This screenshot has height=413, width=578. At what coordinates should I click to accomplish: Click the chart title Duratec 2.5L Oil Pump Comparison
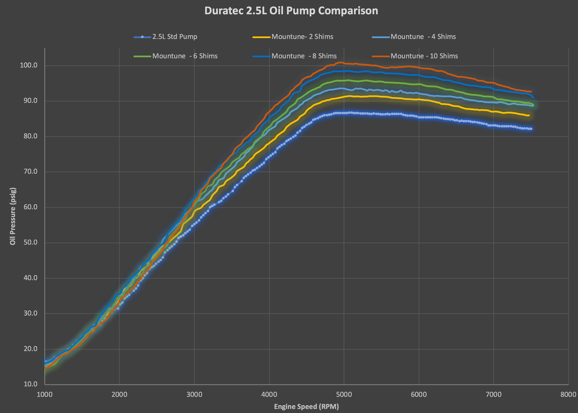(291, 11)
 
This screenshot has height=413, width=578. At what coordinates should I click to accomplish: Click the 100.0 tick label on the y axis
(29, 65)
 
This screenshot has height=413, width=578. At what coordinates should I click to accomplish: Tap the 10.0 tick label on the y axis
(30, 384)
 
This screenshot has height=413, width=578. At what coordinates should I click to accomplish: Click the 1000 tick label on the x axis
(45, 395)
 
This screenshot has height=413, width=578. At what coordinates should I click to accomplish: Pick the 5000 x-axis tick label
(344, 395)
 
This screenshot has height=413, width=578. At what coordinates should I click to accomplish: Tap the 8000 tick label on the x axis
(568, 395)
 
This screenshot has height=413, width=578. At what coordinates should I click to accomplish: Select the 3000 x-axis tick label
(194, 395)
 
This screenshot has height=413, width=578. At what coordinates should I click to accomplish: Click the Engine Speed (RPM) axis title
(306, 406)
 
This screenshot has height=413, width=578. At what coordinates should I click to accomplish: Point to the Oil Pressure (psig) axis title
(12, 216)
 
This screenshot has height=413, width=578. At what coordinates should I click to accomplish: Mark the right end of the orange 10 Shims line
(531, 92)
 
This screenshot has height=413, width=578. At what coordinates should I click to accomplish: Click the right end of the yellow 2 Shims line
(529, 115)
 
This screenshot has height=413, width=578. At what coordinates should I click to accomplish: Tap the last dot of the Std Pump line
(531, 129)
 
